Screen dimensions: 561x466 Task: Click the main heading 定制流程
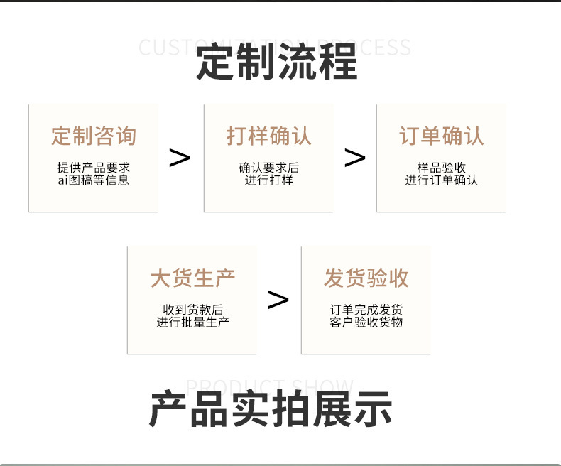point(276,63)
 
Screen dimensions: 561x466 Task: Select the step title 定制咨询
point(93,136)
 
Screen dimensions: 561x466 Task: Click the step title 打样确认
point(268,136)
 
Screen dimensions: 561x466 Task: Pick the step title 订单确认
point(441,136)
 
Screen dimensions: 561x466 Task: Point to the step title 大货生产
point(192,278)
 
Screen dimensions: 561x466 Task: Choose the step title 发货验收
point(366,278)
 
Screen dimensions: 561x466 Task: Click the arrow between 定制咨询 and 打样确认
point(180,158)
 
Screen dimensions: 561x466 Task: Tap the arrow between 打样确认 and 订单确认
point(354,158)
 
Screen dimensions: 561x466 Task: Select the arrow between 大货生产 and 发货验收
point(278,300)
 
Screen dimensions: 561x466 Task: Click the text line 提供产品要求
point(93,168)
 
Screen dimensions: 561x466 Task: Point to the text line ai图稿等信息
point(93,180)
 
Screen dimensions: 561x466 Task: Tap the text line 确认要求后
point(268,168)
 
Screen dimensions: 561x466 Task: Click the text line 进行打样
point(268,180)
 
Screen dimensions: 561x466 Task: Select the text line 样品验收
point(441,168)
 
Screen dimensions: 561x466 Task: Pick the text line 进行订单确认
point(441,180)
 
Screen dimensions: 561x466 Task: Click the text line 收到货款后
point(192,310)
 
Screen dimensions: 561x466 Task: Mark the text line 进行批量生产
point(192,323)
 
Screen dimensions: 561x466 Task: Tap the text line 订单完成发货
point(366,310)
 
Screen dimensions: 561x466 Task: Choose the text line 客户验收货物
point(366,323)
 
